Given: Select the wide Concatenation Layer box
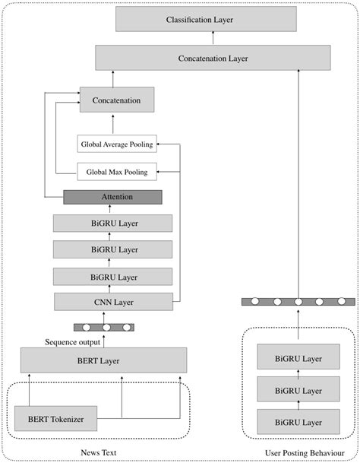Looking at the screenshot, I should pos(213,58).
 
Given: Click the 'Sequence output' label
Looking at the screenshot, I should pos(74,341).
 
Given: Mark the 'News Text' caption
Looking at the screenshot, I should pos(98,453).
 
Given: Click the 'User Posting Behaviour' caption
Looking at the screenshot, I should pos(298,453).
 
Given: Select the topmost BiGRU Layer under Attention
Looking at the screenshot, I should pos(112,223).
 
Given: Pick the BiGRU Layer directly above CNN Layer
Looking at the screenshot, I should pos(112,275).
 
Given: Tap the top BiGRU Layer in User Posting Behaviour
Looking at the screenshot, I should pos(298,357).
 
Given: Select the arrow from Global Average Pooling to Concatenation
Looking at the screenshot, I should pos(113,123).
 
